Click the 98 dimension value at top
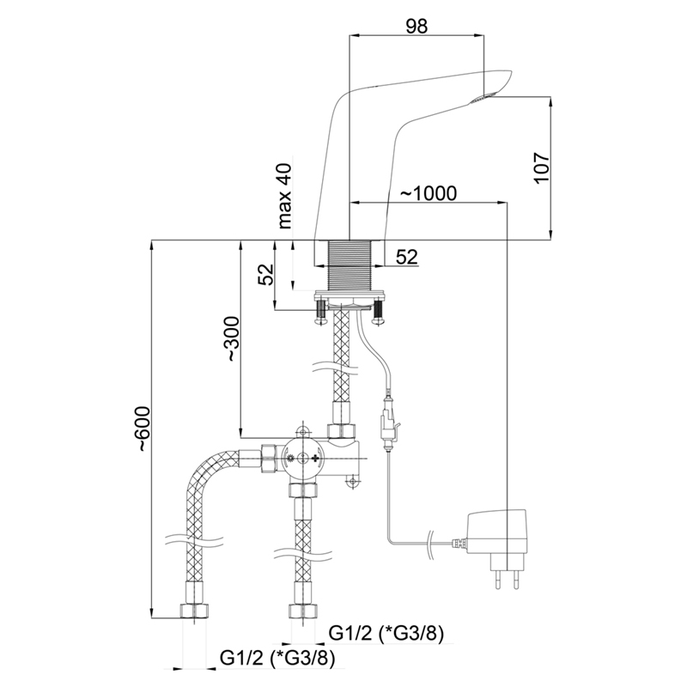click(416, 27)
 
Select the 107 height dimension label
click(542, 168)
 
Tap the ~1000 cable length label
click(429, 192)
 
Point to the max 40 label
click(284, 196)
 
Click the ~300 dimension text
click(233, 338)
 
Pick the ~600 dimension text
click(143, 429)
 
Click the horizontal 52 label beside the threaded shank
click(407, 257)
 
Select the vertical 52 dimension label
click(265, 274)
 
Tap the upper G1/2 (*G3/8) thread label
click(386, 633)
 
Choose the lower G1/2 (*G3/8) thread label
click(277, 658)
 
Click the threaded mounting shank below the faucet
click(350, 264)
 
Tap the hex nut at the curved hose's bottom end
click(195, 611)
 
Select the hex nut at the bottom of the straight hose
click(303, 611)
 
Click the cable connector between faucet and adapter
click(388, 421)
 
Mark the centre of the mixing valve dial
click(302, 459)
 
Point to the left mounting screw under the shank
click(321, 311)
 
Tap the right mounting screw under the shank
click(377, 311)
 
